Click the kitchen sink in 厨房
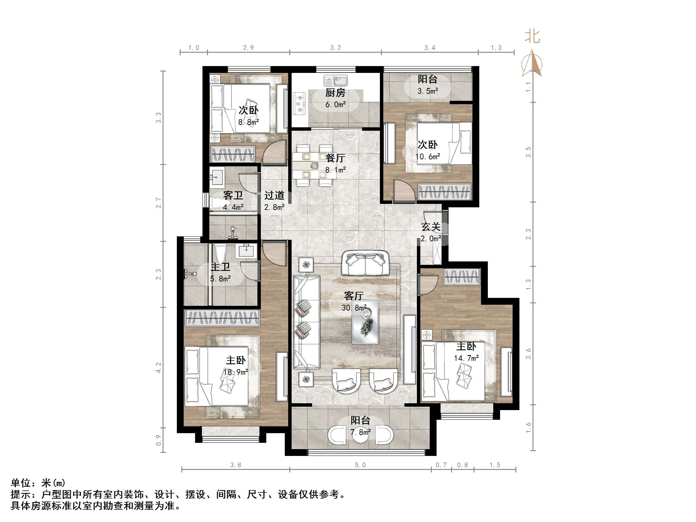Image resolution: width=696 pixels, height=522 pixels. click(336, 81)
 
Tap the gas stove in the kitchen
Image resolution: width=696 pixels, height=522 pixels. click(300, 103)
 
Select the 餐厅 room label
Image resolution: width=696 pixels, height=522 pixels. click(335, 158)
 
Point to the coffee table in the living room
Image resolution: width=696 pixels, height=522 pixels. click(365, 322)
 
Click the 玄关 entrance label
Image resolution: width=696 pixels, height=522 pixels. click(431, 227)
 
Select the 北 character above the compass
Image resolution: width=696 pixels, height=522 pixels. click(532, 37)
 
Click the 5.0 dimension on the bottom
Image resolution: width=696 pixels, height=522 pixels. click(360, 465)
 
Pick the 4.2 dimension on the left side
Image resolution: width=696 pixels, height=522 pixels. click(159, 368)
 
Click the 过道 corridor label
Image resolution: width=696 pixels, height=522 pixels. click(274, 195)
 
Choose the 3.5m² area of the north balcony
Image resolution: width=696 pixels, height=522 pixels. click(428, 91)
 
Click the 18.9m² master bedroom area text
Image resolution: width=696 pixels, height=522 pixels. click(236, 372)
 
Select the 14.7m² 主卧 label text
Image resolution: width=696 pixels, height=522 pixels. click(466, 358)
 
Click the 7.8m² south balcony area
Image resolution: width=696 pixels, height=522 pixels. click(361, 432)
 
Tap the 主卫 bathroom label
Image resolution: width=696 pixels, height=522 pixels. click(220, 267)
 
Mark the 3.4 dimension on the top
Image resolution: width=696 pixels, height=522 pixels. click(429, 48)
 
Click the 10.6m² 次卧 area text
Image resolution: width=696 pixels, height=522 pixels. click(428, 156)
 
